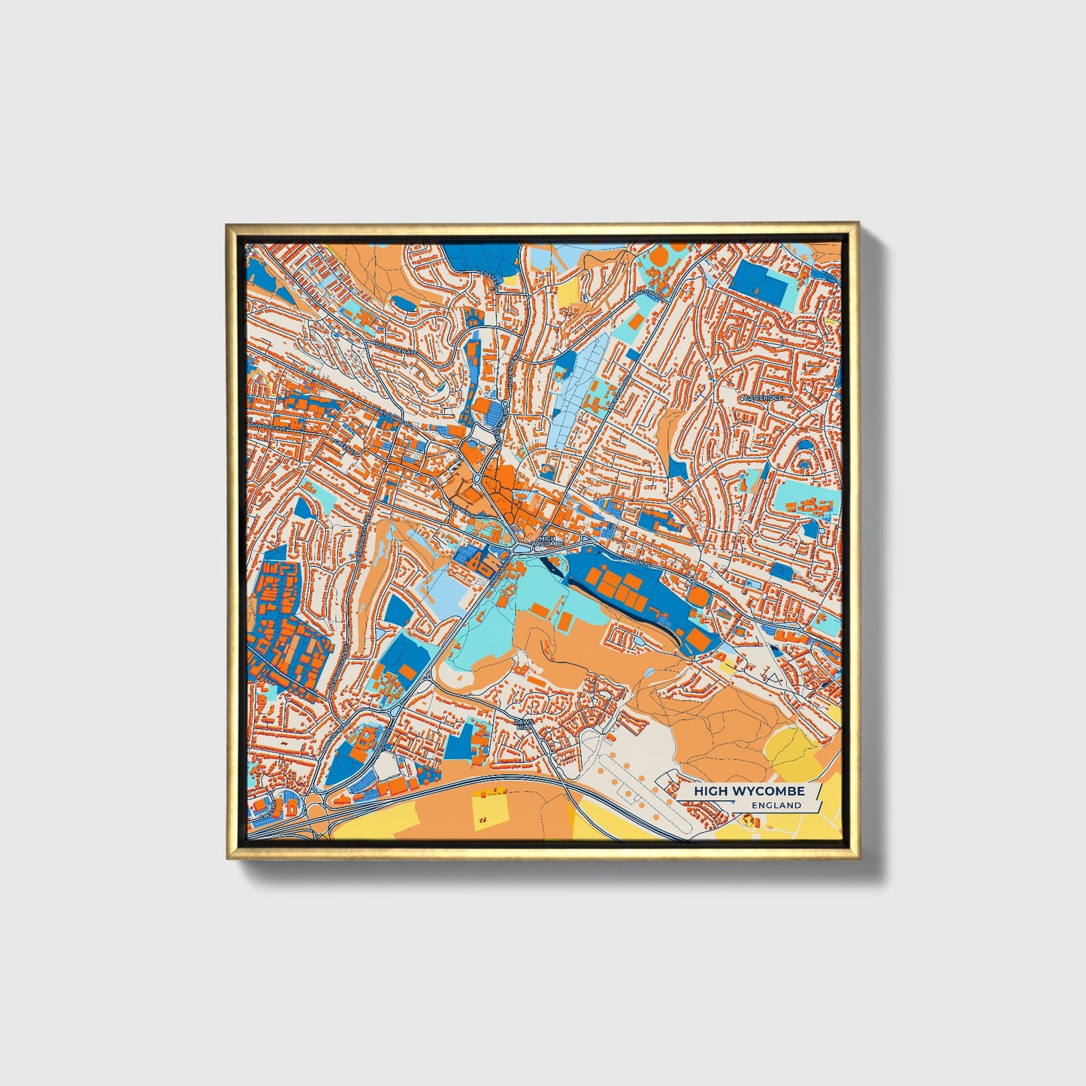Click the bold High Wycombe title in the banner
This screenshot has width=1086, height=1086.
(x=749, y=791)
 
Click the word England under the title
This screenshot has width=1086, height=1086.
(x=776, y=806)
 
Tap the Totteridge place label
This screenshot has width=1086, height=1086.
(x=763, y=396)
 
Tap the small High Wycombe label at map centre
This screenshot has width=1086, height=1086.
(x=546, y=540)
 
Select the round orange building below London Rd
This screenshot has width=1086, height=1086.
(x=698, y=597)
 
